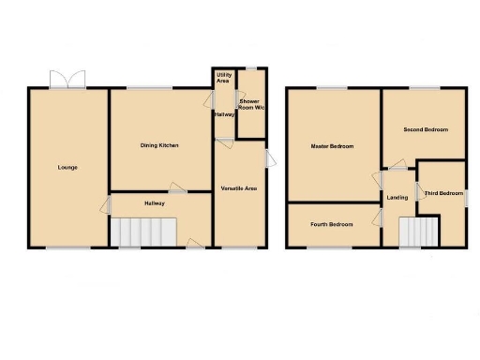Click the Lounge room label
click(67, 168)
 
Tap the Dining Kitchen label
click(159, 145)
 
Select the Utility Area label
click(224, 78)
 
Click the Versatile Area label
click(239, 189)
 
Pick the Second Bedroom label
click(426, 129)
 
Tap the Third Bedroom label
click(443, 193)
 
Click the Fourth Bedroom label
click(333, 224)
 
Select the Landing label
click(397, 197)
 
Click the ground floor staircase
click(144, 232)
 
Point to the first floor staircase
click(419, 232)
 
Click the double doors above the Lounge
click(67, 80)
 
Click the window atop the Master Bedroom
click(331, 88)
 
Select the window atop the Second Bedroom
click(424, 88)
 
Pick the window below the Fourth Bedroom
click(331, 247)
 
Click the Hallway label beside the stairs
click(155, 203)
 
